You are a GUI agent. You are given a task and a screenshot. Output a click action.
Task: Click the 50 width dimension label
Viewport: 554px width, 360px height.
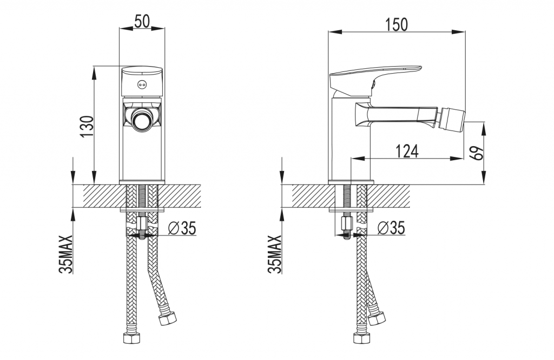[x=142, y=22]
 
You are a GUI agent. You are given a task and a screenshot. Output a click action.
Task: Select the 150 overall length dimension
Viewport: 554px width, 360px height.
[x=396, y=24]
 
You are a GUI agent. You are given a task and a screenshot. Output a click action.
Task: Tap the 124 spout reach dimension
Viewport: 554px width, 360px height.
[x=407, y=151]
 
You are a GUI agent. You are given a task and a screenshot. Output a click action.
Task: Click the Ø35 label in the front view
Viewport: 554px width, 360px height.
[x=182, y=228]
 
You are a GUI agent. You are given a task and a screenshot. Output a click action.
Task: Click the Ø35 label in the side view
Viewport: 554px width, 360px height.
[x=391, y=228]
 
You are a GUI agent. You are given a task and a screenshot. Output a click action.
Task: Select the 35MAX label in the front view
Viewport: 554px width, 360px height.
[x=66, y=254]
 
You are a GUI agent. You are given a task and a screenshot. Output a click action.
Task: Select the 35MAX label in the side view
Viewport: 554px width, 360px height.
[x=275, y=254]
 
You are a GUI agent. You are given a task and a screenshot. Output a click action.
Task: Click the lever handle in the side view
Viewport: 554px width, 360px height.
[x=374, y=78]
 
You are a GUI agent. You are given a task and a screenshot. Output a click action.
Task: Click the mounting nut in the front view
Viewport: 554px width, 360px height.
[x=142, y=223]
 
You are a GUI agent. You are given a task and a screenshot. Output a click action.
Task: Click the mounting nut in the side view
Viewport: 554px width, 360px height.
[x=347, y=223]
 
